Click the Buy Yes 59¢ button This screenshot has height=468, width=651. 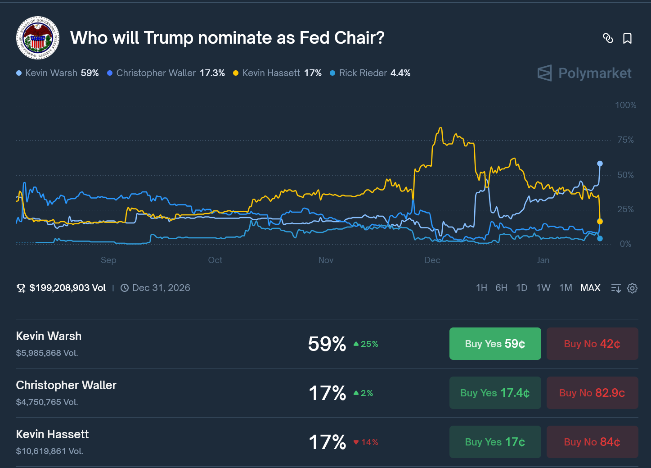click(x=495, y=344)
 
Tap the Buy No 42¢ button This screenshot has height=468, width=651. click(x=592, y=344)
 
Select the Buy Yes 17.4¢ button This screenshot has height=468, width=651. click(x=495, y=393)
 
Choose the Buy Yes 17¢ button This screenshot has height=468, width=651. click(x=495, y=442)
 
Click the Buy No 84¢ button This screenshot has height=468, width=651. click(x=592, y=442)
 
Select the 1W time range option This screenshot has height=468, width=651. click(x=543, y=288)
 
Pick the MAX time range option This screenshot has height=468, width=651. click(x=590, y=288)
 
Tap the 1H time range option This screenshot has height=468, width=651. click(x=481, y=288)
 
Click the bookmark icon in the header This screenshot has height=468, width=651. click(x=627, y=38)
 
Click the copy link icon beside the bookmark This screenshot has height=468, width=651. click(x=608, y=38)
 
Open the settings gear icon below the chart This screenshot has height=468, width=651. click(x=632, y=288)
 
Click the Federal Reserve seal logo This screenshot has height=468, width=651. click(x=38, y=38)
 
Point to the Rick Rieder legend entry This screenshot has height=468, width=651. click(x=370, y=73)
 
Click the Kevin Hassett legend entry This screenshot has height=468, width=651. click(x=277, y=73)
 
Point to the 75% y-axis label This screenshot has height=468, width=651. click(x=625, y=140)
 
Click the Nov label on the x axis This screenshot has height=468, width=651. click(x=326, y=260)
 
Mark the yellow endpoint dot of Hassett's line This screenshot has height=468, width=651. click(x=600, y=222)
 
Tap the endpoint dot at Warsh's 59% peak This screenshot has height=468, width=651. click(x=600, y=164)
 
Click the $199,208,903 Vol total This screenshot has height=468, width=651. click(x=67, y=288)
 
